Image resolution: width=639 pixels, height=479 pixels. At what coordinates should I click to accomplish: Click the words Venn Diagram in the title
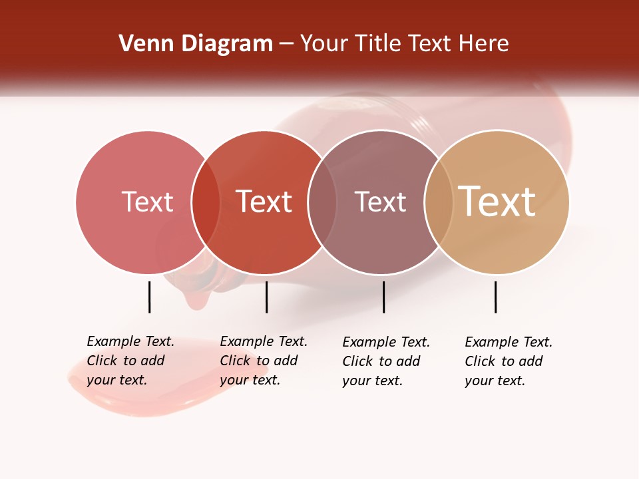(x=195, y=44)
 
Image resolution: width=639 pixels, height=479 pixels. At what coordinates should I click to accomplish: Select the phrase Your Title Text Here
(x=405, y=44)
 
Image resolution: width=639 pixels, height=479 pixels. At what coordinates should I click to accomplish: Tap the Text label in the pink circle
(x=147, y=202)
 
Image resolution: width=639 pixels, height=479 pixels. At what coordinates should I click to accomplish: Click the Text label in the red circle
(x=264, y=202)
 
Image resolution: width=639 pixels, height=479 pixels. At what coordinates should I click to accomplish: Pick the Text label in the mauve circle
(x=380, y=202)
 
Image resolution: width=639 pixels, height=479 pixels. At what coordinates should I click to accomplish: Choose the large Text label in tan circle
(x=497, y=202)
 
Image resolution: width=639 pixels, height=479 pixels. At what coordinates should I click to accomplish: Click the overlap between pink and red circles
(x=206, y=202)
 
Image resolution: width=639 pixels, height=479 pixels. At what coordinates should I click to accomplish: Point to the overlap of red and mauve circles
(x=322, y=202)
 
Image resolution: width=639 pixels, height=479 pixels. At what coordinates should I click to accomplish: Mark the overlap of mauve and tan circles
(x=439, y=202)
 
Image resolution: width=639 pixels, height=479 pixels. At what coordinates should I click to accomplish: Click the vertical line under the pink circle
(x=149, y=297)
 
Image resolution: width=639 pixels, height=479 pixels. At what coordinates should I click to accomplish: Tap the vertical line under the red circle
(x=266, y=297)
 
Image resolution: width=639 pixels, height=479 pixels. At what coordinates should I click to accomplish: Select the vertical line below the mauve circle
(x=383, y=297)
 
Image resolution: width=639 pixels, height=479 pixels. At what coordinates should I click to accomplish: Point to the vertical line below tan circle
(x=495, y=297)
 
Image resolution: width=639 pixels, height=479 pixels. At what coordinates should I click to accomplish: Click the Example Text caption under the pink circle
(x=130, y=361)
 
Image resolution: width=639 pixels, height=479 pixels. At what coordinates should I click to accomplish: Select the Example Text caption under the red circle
(x=263, y=361)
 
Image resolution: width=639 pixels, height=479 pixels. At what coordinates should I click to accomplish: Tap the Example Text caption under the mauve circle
(x=385, y=361)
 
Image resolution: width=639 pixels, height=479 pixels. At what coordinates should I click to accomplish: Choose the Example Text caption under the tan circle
(x=508, y=361)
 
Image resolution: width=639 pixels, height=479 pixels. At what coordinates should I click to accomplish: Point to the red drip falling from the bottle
(x=195, y=299)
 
